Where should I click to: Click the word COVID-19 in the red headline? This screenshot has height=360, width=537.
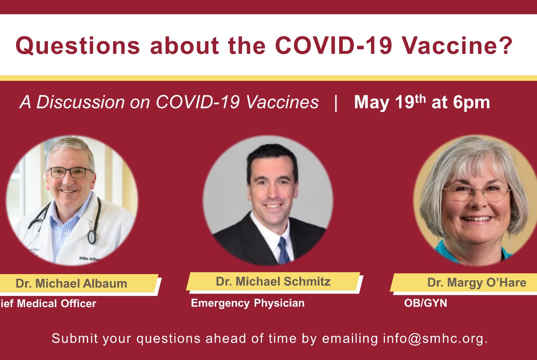tap(333, 45)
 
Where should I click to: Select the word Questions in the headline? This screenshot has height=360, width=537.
tap(78, 46)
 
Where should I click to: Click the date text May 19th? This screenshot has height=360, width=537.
tap(390, 103)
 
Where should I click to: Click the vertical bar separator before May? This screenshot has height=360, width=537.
tap(336, 103)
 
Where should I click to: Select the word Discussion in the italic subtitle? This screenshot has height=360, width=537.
tap(80, 103)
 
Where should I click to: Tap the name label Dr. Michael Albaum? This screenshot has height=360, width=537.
tap(71, 283)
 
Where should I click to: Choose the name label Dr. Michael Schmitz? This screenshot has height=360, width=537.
tap(273, 281)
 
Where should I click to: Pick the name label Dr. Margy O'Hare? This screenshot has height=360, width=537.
tap(477, 283)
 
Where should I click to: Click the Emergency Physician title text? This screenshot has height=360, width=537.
tap(247, 303)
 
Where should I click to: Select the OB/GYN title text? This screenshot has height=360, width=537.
tap(426, 303)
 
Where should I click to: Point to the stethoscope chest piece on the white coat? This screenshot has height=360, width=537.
tap(92, 237)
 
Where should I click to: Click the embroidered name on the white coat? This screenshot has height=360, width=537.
tap(90, 258)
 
